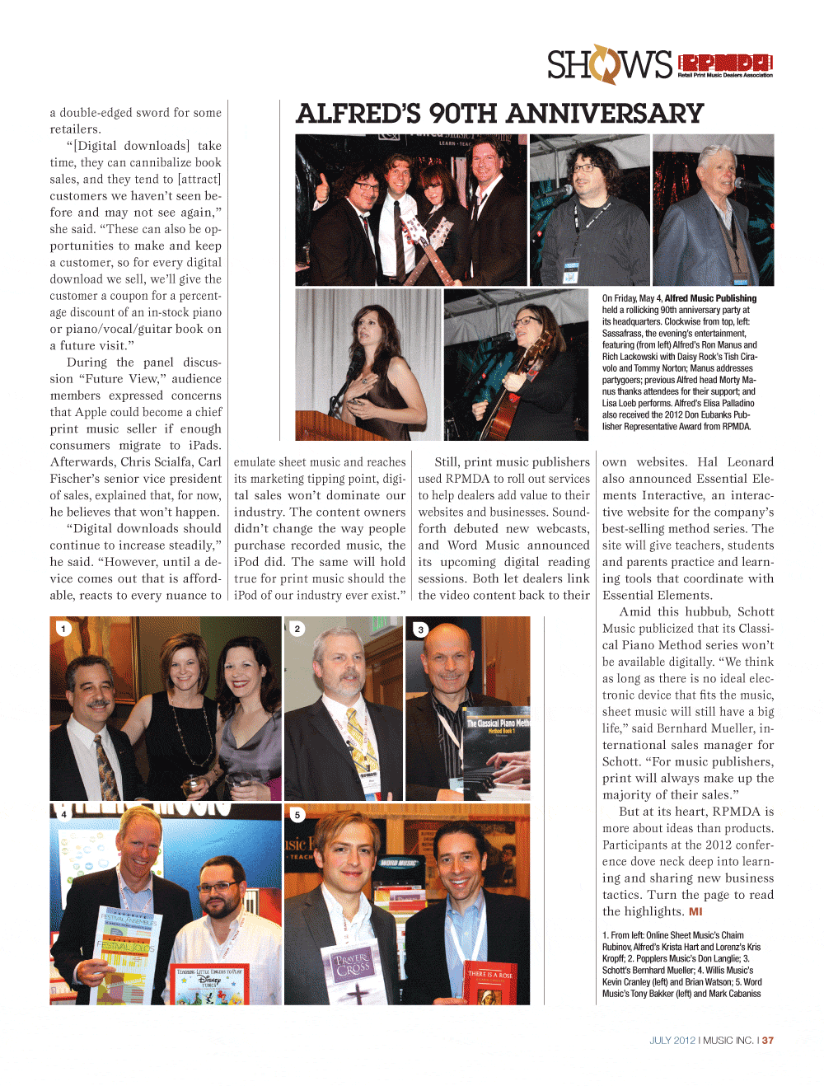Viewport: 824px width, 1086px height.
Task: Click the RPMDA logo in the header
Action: click(x=725, y=63)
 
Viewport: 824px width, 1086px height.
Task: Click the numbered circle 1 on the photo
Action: click(x=63, y=629)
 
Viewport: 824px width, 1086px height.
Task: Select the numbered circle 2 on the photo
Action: click(x=297, y=629)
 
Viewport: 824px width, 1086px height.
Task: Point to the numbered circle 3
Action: click(x=420, y=630)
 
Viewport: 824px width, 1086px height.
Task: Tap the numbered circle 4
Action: click(x=63, y=814)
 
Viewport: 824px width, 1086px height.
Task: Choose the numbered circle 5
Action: click(x=297, y=815)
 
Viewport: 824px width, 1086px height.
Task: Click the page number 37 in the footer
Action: click(x=768, y=1041)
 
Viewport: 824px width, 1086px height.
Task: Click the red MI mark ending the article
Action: click(x=695, y=911)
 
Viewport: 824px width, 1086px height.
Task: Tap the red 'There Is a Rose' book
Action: click(x=489, y=983)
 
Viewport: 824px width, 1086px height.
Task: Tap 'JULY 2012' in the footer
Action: click(x=672, y=1041)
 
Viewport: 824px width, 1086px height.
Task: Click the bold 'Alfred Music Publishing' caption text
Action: click(x=710, y=298)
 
